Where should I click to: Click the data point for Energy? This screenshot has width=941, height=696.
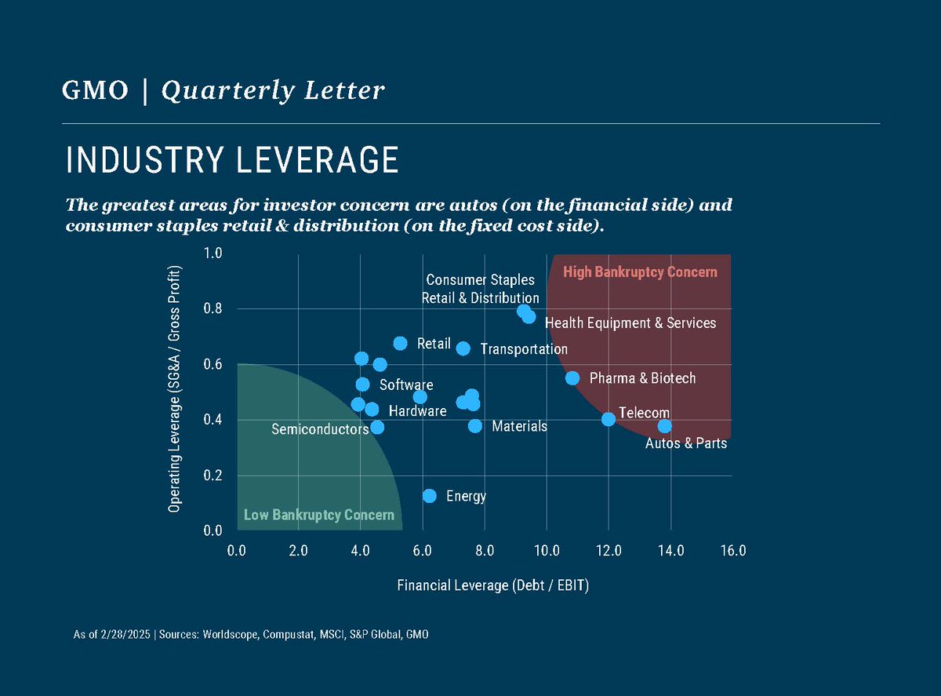point(429,496)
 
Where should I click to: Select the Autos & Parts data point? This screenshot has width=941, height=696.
point(664,426)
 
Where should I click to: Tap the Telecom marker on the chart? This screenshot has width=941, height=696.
point(609,419)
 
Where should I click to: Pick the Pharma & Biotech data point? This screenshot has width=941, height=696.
point(572,378)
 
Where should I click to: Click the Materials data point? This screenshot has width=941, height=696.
point(475,426)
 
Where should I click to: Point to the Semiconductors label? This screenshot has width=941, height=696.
point(320,430)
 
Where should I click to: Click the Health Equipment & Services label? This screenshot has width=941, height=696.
point(630,323)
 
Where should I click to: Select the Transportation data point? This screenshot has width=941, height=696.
point(463,348)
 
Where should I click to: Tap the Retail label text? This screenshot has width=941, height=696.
point(434,344)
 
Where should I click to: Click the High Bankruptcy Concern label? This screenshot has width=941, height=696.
point(640,272)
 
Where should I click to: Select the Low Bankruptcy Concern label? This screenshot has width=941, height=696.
point(318,516)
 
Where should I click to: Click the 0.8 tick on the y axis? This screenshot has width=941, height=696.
point(214,309)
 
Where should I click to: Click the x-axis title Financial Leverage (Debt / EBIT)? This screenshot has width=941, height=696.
point(492,585)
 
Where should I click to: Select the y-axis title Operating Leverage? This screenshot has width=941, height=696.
point(175,389)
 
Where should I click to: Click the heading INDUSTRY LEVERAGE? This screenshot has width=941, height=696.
point(232,160)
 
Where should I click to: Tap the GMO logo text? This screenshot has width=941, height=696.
point(95,91)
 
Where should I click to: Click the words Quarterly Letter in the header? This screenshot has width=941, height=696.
point(273,91)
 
